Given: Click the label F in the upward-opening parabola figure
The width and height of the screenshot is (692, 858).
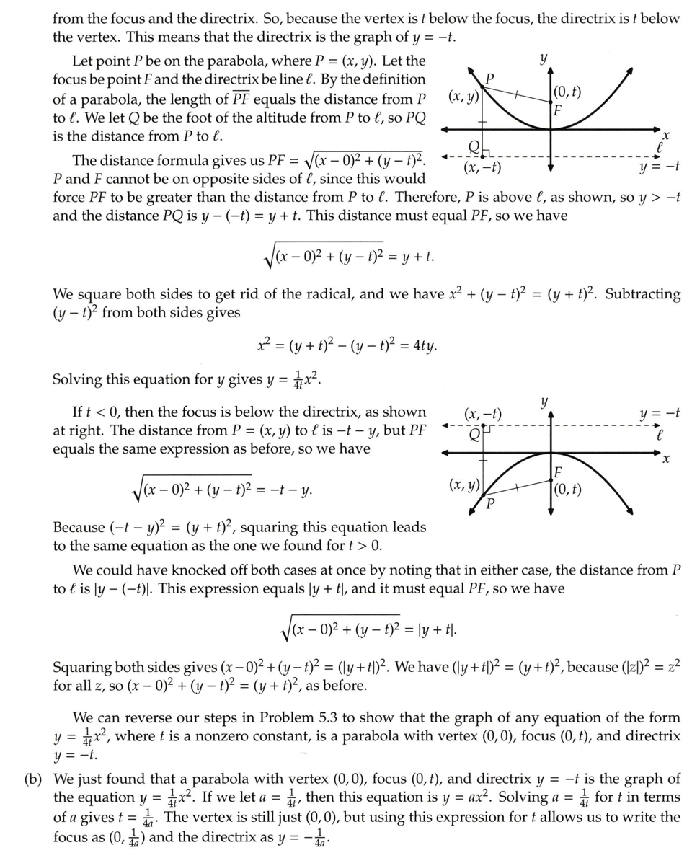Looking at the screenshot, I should pyautogui.click(x=556, y=110).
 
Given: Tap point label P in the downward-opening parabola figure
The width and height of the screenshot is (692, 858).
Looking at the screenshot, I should pyautogui.click(x=489, y=503).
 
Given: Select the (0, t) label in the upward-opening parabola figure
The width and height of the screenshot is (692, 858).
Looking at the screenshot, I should pyautogui.click(x=566, y=92).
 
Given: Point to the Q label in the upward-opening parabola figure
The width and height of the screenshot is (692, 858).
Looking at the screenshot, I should pyautogui.click(x=474, y=148).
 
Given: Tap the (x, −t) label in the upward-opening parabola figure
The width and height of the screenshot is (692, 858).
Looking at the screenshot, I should pyautogui.click(x=482, y=169).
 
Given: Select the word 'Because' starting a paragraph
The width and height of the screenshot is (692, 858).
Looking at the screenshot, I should pyautogui.click(x=80, y=527).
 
